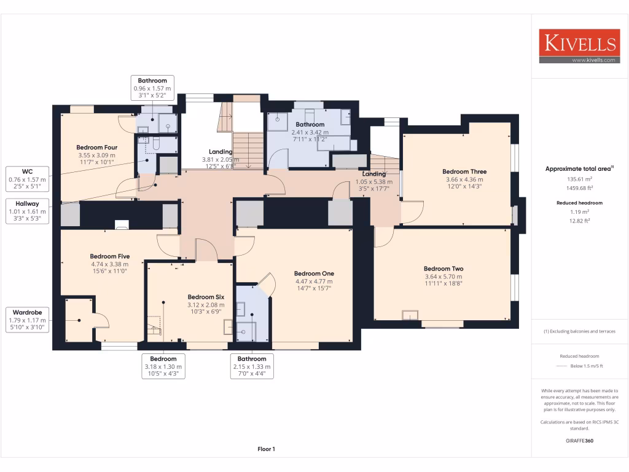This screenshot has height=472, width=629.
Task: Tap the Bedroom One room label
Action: pos(314,273)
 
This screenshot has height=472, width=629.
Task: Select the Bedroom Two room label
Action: pos(443,269)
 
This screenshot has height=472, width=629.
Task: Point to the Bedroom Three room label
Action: pos(464,171)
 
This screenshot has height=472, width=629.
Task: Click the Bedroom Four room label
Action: pos(96,147)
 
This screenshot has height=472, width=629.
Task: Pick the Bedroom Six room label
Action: pos(206,297)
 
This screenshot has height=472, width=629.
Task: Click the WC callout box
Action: pos(27,179)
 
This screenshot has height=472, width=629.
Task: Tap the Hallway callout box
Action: pos(27,211)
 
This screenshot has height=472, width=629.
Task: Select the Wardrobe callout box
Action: pos(27,320)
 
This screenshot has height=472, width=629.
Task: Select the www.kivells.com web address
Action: pos(593,60)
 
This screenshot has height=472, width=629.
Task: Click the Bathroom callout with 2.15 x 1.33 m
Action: pos(252,366)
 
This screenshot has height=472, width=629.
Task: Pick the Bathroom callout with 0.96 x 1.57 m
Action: pos(152,88)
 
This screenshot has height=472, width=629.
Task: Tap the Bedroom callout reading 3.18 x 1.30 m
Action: pos(163,366)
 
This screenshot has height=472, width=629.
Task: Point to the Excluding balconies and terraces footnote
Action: pos(579,331)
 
